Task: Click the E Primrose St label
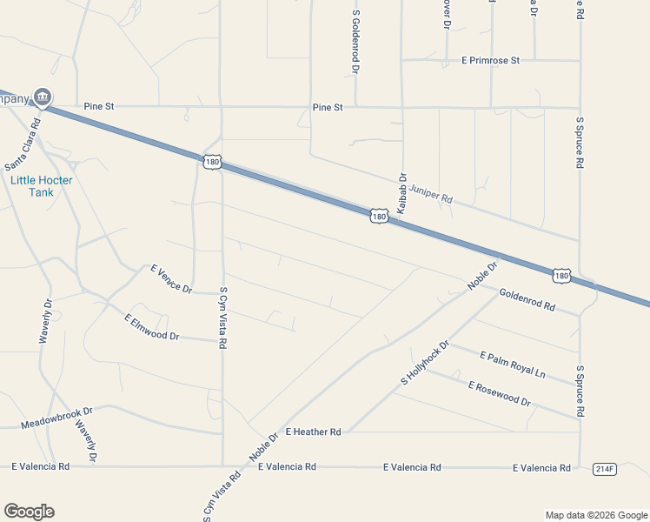click(490, 61)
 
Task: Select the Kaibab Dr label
click(401, 193)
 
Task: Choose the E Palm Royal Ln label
click(512, 364)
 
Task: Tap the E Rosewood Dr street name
click(499, 393)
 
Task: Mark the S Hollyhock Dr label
click(424, 363)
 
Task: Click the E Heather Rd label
click(313, 432)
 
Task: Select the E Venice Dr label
click(170, 279)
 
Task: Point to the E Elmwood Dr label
click(151, 327)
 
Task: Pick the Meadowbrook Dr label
click(56, 415)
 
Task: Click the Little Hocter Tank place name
click(42, 185)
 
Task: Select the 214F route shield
click(605, 468)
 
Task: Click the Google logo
click(29, 512)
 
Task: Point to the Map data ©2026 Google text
click(595, 515)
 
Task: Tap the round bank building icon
click(42, 97)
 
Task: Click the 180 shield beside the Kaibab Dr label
click(378, 215)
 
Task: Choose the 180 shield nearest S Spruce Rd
click(561, 276)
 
